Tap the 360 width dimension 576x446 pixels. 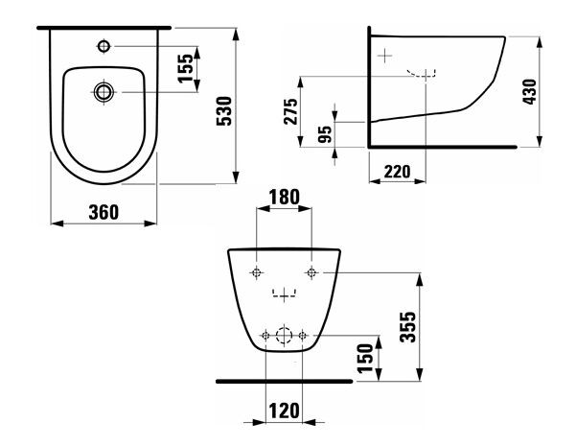(x=104, y=212)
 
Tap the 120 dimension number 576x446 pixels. (x=283, y=410)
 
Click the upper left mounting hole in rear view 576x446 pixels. (x=256, y=273)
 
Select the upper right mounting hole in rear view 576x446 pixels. (x=311, y=273)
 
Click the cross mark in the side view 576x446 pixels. (x=385, y=55)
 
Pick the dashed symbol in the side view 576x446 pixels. (x=422, y=74)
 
